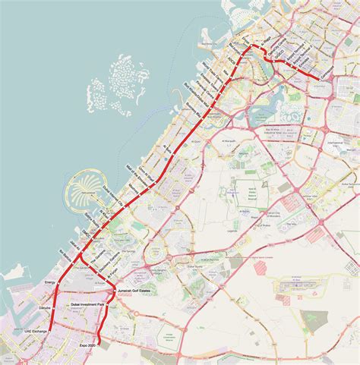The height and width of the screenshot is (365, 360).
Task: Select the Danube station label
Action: point(44,309)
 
